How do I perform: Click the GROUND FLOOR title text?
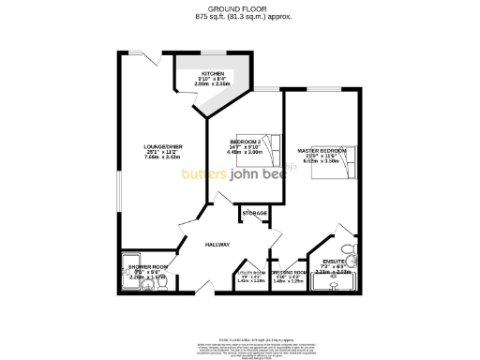pyautogui.click(x=240, y=7)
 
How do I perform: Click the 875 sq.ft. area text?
pyautogui.click(x=240, y=16)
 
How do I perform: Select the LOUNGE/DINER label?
pyautogui.click(x=156, y=146)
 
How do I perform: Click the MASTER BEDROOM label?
pyautogui.click(x=322, y=151)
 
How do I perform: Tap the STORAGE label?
pyautogui.click(x=255, y=214)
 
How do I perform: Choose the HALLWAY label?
pyautogui.click(x=217, y=246)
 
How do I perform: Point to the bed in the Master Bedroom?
pyautogui.click(x=345, y=167)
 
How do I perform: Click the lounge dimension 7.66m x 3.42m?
pyautogui.click(x=156, y=157)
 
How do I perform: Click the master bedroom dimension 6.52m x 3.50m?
pyautogui.click(x=322, y=162)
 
